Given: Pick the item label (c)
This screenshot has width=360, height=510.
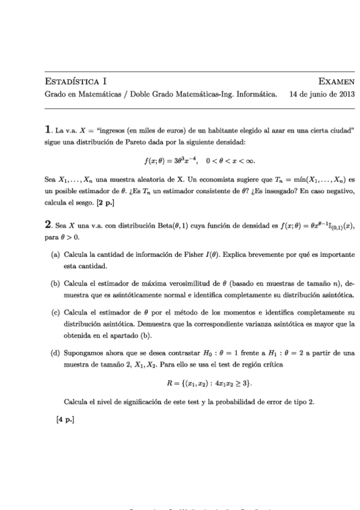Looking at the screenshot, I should coord(55,313).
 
